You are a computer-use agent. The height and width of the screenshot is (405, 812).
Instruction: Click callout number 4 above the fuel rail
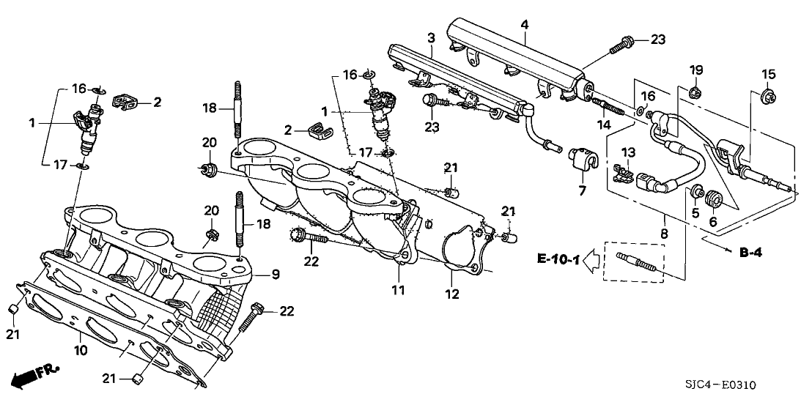[x=525, y=25]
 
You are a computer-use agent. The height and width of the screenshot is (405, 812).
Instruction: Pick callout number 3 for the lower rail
[x=432, y=37]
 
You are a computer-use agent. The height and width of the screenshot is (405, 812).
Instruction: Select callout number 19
[x=696, y=70]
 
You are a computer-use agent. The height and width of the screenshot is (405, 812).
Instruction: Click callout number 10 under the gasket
[x=81, y=350]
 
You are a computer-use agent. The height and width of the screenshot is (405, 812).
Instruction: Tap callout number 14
[x=602, y=125]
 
